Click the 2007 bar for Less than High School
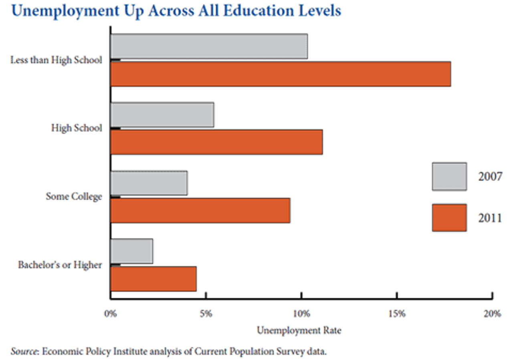coord(209,46)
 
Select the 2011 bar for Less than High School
coord(281,74)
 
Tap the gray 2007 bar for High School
coord(162,115)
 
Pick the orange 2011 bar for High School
coord(216,142)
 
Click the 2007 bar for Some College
coord(149,183)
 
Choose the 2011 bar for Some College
coord(200,211)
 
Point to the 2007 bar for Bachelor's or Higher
coord(131,251)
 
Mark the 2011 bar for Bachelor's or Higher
coord(153,279)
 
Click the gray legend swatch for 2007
coord(449,177)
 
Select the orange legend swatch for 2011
coord(449,218)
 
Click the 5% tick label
coord(206,314)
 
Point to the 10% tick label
coord(301,314)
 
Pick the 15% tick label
coord(396,314)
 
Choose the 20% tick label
coord(492,314)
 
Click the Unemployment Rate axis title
coord(299,331)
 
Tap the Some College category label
coord(74,197)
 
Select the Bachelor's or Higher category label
coord(60,265)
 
